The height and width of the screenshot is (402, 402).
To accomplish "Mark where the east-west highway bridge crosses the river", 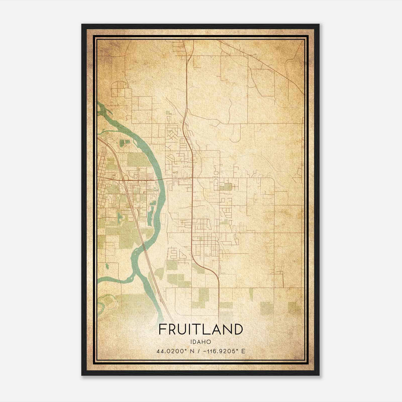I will pos(161,179).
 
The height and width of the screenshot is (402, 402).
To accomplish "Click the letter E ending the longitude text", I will pos(243,351).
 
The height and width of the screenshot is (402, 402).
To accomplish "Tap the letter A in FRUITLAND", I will pos(218,329).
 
